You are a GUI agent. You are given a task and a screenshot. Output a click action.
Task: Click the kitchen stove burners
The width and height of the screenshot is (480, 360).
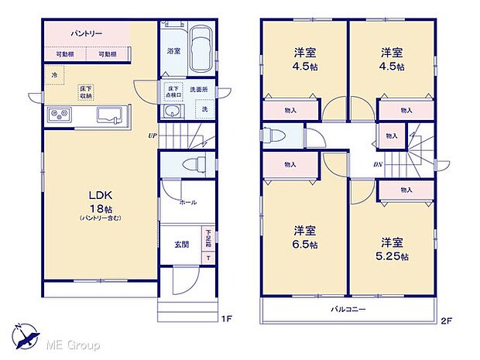point(60,115)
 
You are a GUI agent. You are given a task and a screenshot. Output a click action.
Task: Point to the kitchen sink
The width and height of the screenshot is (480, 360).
point(109,115)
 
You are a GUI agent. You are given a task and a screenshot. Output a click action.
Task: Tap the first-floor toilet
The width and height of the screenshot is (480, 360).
point(193,165)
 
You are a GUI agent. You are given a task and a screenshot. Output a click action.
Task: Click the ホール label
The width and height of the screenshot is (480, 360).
point(187,203)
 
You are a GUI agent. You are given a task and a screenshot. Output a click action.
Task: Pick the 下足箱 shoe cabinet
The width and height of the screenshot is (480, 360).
point(207,235)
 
